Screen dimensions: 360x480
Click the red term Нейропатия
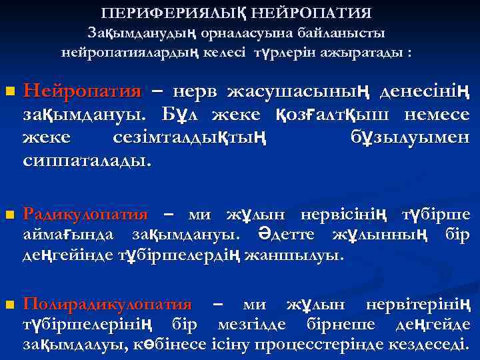(82, 91)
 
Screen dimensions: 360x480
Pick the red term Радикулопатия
(85, 214)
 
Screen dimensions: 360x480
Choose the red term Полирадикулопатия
(107, 305)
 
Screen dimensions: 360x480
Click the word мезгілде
(257, 325)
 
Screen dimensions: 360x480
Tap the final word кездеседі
(433, 345)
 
